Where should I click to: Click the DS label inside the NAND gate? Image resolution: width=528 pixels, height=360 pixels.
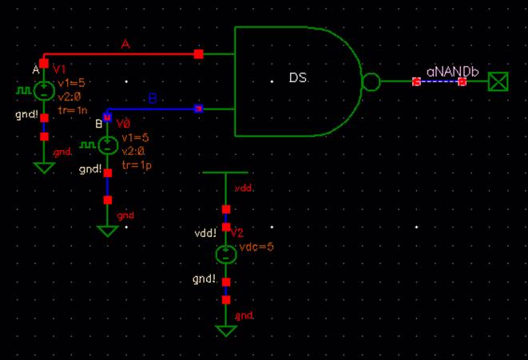pos(297,78)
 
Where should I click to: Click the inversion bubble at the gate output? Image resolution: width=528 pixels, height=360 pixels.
pos(371,81)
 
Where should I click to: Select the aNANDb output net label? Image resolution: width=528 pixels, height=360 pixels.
pos(452,71)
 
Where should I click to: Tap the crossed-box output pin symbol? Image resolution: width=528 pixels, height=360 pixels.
pos(499,81)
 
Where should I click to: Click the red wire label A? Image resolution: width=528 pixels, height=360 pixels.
pos(125,45)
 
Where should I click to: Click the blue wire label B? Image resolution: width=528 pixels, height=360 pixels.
pos(153,99)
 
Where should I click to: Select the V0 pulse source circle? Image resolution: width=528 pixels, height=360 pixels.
pos(107,145)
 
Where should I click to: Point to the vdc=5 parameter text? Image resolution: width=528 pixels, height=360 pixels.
pos(256,247)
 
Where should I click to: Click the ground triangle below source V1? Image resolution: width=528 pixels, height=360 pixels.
pos(44,168)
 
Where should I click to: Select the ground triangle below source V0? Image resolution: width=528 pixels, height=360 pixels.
pos(107,231)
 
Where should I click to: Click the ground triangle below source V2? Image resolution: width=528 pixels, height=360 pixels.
pos(226,330)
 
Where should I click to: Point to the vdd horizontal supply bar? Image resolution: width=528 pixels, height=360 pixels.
pos(225,172)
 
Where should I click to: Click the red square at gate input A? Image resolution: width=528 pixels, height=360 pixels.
pos(199,54)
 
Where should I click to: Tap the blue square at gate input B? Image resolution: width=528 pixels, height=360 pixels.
pos(199,109)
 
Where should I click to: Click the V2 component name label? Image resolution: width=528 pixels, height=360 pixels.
pos(236,232)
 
